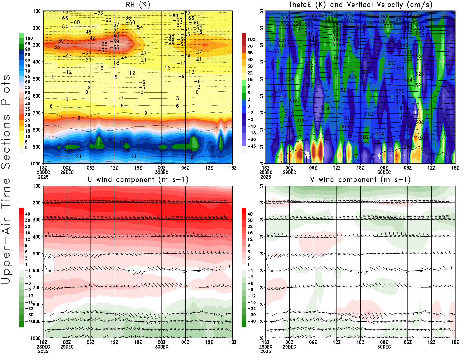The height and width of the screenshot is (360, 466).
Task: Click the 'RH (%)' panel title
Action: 138,5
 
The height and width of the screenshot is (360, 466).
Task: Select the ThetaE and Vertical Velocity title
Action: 360,5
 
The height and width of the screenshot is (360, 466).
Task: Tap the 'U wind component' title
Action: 138,180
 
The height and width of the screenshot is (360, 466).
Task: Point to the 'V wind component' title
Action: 360,180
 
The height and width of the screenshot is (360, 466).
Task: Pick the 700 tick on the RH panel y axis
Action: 37,113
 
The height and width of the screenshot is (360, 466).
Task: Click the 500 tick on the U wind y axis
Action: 37,254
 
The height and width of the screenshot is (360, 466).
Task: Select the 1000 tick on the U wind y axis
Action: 36,338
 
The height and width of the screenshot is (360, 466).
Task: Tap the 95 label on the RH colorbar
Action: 27,44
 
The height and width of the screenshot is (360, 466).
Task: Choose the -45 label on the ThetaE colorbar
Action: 252,146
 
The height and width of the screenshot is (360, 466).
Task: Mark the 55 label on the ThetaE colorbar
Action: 250,53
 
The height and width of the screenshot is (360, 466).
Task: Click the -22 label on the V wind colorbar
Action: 252,308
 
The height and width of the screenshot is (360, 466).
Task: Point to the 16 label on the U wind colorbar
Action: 27,233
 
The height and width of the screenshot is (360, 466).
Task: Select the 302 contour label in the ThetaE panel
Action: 364,137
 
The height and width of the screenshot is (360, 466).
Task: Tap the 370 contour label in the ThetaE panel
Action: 349,16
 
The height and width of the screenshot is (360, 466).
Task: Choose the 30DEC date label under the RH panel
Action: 162,172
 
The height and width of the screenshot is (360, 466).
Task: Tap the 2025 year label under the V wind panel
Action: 266,351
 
